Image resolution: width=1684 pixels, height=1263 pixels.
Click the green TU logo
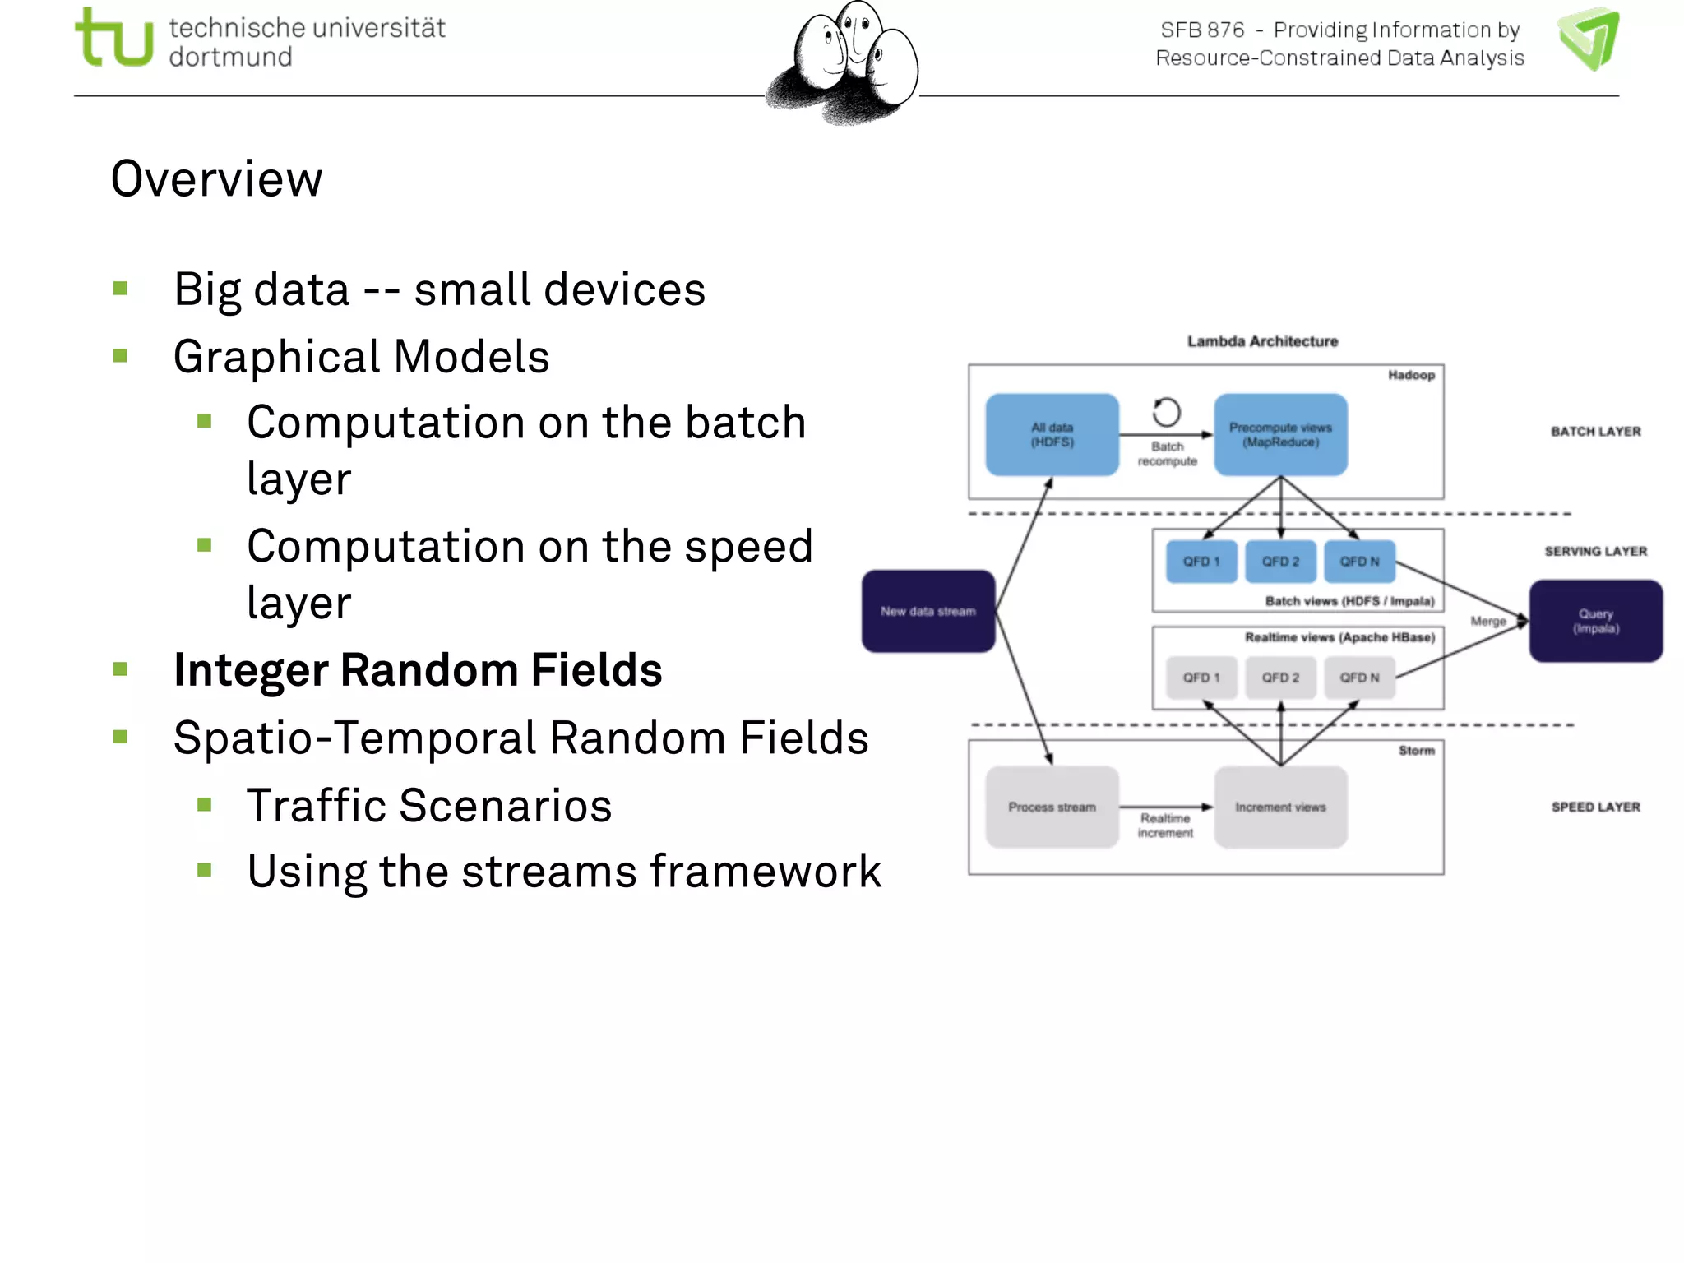tap(113, 38)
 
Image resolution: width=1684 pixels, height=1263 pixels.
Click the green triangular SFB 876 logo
tap(1589, 39)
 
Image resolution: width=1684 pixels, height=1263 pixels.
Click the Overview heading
tap(217, 179)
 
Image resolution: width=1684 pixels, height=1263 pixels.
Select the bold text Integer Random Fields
tap(418, 670)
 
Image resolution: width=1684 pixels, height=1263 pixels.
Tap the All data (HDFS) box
tap(1052, 435)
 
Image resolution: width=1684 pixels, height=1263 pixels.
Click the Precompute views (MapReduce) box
tap(1280, 435)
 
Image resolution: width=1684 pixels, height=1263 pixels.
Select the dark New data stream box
tap(928, 611)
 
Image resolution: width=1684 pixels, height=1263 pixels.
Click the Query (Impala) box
tap(1595, 621)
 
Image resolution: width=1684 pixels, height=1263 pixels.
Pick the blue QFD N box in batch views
tap(1359, 562)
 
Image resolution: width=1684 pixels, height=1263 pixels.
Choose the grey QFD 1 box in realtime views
tap(1201, 678)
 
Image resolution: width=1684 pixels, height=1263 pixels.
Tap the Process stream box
tap(1052, 807)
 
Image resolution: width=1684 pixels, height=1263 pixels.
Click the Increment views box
tap(1280, 807)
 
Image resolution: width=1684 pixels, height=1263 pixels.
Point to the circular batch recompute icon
tap(1166, 412)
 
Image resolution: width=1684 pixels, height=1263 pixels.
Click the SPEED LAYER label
tap(1595, 807)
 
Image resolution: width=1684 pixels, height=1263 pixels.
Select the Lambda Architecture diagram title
tap(1262, 341)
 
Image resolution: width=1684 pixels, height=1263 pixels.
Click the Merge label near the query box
tap(1487, 622)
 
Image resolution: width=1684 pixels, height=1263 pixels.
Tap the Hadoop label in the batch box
tap(1411, 375)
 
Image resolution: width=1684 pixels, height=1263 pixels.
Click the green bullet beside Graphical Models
tap(121, 356)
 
